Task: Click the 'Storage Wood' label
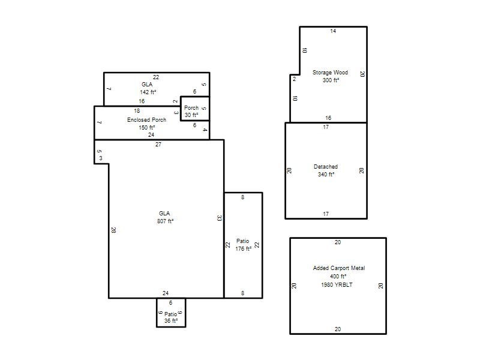(330, 73)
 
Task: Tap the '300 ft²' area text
(331, 80)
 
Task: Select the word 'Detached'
(326, 167)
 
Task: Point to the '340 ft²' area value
(326, 174)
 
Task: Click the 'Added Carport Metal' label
(339, 268)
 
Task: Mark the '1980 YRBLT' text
(337, 284)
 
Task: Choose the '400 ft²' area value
(338, 277)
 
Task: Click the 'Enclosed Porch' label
(146, 119)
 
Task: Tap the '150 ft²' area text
(147, 127)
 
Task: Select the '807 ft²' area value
(166, 221)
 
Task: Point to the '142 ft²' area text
(148, 92)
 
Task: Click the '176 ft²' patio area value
(244, 249)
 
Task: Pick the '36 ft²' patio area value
(171, 321)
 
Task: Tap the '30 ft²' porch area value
(191, 115)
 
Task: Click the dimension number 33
(219, 218)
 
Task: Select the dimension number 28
(113, 230)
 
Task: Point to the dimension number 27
(158, 145)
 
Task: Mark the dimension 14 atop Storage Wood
(333, 31)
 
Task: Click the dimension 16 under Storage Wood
(328, 118)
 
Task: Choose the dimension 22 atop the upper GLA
(156, 77)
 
